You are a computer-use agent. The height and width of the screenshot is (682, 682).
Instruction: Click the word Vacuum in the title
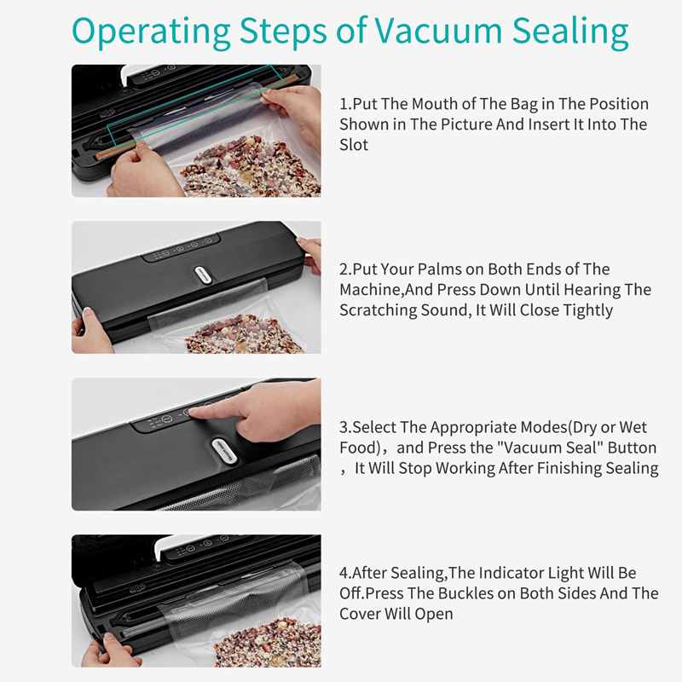tap(438, 31)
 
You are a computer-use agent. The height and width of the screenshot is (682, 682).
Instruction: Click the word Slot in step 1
tap(354, 145)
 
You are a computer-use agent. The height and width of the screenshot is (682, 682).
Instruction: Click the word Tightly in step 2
tap(587, 310)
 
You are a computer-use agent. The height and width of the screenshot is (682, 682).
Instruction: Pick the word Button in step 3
tap(632, 448)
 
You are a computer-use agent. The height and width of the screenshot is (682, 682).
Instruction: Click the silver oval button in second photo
tap(203, 275)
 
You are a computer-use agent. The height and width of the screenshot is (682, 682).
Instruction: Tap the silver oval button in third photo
tap(225, 451)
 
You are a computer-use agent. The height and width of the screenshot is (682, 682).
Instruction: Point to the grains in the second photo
tap(244, 334)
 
